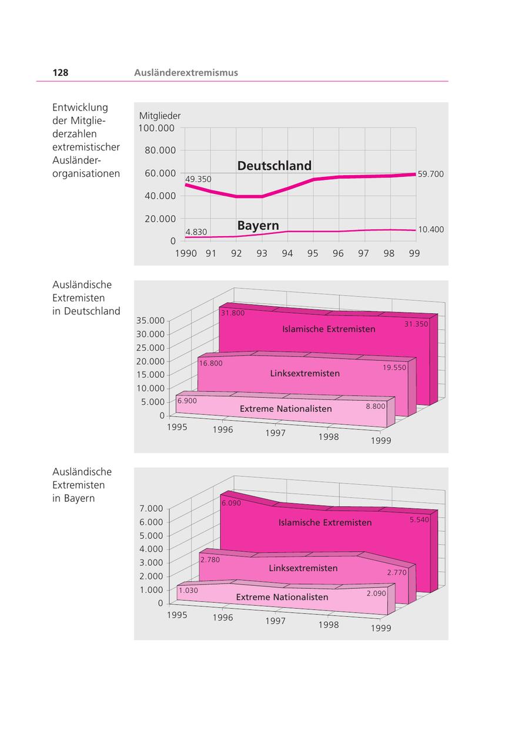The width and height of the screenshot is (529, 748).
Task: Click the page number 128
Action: (x=60, y=73)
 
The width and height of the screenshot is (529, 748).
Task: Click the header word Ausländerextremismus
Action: (x=186, y=73)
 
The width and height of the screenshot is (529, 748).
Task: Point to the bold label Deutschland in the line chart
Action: (x=274, y=166)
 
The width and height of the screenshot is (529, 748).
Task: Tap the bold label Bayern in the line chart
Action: (x=258, y=226)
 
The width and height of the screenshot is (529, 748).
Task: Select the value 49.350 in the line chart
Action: (x=198, y=179)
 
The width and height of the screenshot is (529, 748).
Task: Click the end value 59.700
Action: (x=430, y=175)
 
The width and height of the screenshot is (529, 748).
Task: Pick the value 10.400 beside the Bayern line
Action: (x=430, y=230)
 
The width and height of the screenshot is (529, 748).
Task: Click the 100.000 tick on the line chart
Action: (x=157, y=128)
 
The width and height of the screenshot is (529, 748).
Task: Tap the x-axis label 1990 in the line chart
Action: (x=186, y=253)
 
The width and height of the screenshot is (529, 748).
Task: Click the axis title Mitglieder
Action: (x=160, y=116)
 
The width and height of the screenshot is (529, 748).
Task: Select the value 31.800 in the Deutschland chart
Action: (x=233, y=313)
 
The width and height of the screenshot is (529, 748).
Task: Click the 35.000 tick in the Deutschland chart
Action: (x=150, y=321)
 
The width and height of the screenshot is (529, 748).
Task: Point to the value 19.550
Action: (x=394, y=367)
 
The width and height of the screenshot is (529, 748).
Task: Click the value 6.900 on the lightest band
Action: (x=187, y=400)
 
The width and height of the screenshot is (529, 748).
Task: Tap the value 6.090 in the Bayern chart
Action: (x=232, y=504)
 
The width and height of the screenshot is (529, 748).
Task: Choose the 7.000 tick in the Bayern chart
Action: (x=151, y=508)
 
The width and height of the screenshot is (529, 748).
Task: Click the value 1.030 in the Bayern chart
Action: (x=188, y=591)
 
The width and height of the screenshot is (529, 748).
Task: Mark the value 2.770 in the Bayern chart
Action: (x=397, y=572)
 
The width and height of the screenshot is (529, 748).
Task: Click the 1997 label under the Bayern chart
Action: (x=275, y=621)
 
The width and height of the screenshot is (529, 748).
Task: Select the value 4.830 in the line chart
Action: (x=196, y=232)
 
